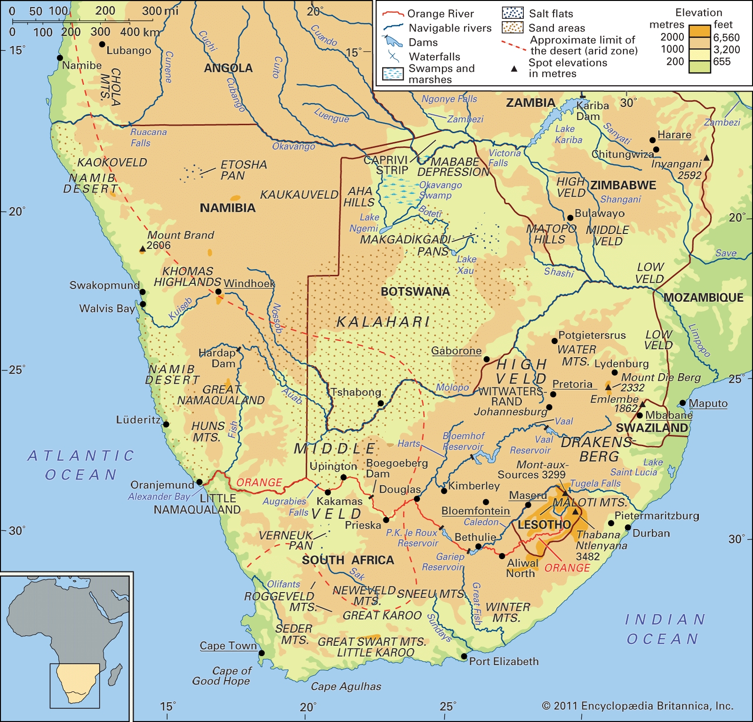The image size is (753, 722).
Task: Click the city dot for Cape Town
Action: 262,653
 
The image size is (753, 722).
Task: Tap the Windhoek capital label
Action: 249,283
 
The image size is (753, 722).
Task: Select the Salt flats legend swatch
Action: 513,13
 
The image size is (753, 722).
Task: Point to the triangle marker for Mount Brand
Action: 143,249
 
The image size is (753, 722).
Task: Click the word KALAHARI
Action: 383,322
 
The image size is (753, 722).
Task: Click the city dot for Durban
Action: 628,527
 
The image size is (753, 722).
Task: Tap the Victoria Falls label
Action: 504,158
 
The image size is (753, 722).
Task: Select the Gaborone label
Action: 456,351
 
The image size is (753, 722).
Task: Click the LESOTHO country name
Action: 544,525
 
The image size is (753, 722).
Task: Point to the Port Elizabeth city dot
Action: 464,656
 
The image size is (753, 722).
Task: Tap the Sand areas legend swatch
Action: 513,28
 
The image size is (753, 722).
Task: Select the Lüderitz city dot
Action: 166,424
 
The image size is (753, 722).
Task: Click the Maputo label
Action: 708,403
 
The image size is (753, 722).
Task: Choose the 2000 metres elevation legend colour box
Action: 699,31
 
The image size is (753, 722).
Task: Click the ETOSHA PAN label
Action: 243,170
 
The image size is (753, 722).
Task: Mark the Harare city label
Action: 674,135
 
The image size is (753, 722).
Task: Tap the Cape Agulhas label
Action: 346,686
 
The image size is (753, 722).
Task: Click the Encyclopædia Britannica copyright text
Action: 637,706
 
